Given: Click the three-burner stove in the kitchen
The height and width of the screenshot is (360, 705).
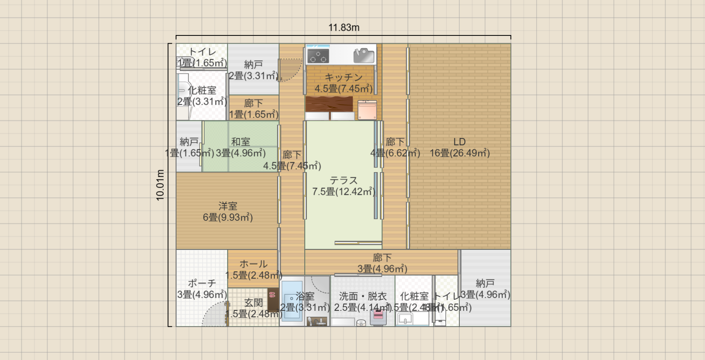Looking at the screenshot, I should click(318, 56).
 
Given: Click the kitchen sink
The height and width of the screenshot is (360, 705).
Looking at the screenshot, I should click(364, 55).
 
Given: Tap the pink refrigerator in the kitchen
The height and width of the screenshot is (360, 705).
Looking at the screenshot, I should click(367, 110).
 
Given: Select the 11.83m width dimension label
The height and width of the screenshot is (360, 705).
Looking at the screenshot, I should click(344, 28).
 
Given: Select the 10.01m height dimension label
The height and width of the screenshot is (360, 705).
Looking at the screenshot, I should click(160, 185).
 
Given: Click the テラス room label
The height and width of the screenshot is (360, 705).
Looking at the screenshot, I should click(343, 181).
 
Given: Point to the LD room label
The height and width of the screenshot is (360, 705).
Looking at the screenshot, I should click(459, 142).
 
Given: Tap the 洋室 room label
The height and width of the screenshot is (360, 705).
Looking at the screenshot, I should click(227, 206).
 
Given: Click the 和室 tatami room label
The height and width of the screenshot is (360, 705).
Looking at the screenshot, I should click(241, 142).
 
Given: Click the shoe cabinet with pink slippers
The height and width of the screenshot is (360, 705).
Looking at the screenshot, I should click(273, 299).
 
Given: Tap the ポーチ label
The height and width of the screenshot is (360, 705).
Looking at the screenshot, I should click(202, 283).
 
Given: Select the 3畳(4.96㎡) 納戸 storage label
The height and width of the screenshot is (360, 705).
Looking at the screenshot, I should click(485, 289).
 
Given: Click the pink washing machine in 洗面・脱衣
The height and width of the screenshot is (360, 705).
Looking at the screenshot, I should click(378, 316).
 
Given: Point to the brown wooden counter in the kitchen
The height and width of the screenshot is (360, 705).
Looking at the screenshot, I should click(329, 104).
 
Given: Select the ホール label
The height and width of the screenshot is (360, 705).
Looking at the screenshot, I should click(253, 264).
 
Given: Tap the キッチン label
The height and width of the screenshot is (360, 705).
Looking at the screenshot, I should click(344, 77).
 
